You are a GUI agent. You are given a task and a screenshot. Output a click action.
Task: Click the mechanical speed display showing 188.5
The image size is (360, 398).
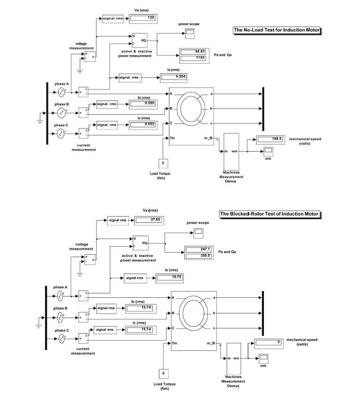pos(269,139)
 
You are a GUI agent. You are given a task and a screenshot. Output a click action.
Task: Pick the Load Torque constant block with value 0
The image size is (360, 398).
pos(163,163)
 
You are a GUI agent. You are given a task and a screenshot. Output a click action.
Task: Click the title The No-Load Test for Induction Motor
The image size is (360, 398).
pos(278,30)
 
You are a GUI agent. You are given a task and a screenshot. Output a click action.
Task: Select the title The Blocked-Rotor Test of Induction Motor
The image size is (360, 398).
pos(269,214)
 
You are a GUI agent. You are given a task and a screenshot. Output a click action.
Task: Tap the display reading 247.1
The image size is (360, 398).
pos(198,249)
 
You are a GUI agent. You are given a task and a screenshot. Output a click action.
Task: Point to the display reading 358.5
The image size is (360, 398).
pos(198,256)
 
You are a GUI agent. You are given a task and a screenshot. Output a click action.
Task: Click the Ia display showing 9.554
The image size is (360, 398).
pos(173,77)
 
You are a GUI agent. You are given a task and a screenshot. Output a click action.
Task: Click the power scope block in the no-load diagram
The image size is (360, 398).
pos(190,32)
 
